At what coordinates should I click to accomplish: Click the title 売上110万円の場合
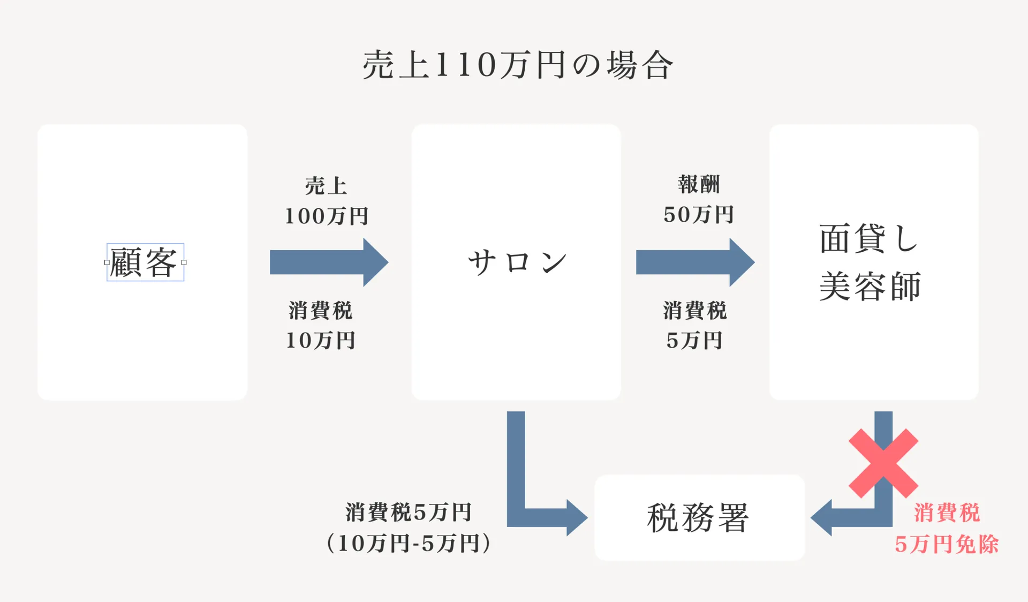[517, 65]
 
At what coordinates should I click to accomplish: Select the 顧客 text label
[143, 262]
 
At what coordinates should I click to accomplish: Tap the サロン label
[517, 262]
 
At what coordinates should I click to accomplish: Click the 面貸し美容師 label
[870, 262]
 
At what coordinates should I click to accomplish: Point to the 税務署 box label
[698, 518]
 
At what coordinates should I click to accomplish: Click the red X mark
[883, 463]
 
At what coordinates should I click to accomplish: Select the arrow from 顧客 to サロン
[329, 262]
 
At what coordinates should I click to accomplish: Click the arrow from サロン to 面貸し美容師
[696, 262]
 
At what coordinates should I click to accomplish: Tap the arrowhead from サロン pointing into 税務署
[577, 518]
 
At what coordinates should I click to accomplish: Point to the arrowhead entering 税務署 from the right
[821, 518]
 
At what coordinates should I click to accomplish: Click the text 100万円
[327, 216]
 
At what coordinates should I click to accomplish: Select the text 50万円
[699, 215]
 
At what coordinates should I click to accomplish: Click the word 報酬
[699, 184]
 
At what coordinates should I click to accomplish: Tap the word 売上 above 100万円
[326, 186]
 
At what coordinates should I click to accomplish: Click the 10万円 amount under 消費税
[321, 341]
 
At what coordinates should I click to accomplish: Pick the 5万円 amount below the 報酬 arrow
[695, 341]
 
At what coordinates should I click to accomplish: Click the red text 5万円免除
[947, 544]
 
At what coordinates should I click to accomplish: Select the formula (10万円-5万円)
[409, 543]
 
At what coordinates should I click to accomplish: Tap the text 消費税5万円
[408, 513]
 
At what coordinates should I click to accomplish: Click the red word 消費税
[947, 513]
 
